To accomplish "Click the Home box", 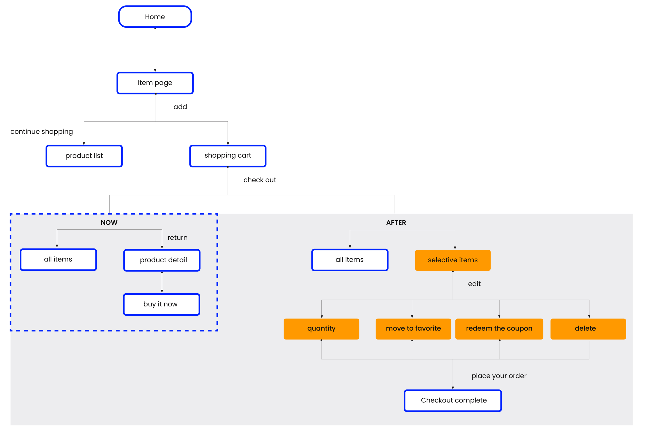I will pos(155,17).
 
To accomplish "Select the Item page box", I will pos(155,83).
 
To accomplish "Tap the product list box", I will pos(84,156).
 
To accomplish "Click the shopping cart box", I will pos(228,156).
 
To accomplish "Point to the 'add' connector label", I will pos(180,107).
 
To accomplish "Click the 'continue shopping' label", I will pos(42,131).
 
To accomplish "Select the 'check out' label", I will pos(260,180).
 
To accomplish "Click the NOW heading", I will pos(109,223).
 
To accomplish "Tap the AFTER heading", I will pos(396,223).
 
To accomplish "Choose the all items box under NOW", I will pos(58,260).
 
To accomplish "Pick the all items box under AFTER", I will pos(350,260).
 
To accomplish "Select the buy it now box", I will pos(161,304).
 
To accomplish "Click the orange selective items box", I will pos(453,260).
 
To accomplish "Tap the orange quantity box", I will pos(321,329).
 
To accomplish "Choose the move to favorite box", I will pos(413,329).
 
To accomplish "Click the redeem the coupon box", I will pos(499,329).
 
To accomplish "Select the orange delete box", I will pos(588,329).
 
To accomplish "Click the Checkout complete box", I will pos(453,400).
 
